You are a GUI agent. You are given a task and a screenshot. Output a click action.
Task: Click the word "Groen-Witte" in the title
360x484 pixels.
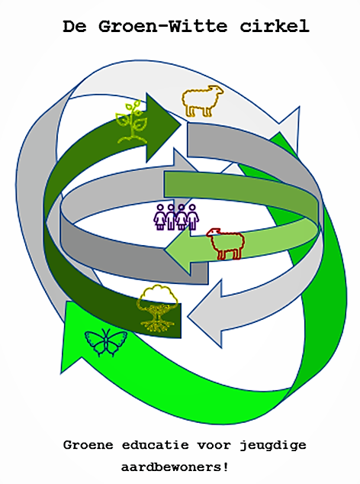[163, 26]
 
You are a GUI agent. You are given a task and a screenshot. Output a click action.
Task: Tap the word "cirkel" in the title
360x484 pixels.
[275, 26]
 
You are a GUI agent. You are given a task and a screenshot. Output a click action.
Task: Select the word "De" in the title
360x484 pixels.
[75, 26]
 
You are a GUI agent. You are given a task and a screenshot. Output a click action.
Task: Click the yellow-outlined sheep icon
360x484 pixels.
[202, 101]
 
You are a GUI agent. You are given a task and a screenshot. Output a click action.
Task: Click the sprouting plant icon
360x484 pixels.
[132, 121]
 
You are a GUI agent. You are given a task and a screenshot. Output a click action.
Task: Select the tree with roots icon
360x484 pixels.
[158, 308]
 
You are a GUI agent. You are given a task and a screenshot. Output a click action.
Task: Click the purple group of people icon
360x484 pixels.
[176, 217]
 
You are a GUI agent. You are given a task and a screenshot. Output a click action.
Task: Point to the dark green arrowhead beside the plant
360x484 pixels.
[163, 127]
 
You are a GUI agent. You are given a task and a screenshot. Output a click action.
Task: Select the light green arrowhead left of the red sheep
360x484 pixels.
[179, 250]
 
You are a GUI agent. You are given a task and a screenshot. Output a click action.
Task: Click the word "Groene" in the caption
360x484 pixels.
[88, 445]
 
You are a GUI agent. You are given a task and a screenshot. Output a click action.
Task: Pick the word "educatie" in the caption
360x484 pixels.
[155, 445]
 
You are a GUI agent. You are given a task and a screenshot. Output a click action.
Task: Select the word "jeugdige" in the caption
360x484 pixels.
[273, 446]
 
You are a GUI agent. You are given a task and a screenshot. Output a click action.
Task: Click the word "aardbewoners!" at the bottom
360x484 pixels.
[175, 466]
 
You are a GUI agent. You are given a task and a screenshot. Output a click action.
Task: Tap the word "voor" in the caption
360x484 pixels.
[214, 446]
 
